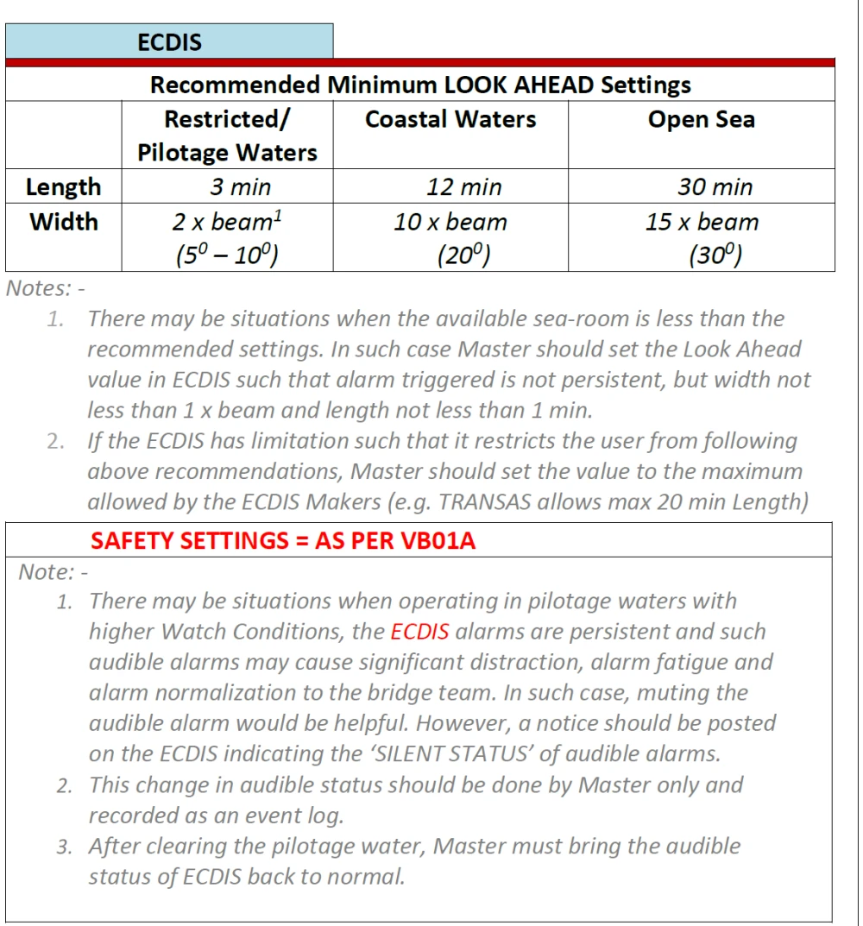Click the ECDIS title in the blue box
tap(169, 41)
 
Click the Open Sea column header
tap(701, 119)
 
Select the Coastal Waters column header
tap(450, 119)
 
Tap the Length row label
tap(63, 186)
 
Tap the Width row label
tap(63, 222)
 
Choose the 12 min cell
tap(463, 186)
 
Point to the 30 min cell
tap(715, 186)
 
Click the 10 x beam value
tap(450, 222)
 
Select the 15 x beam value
tap(702, 222)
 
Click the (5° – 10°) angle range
tap(226, 255)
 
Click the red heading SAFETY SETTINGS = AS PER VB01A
tap(283, 541)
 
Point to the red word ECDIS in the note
tap(419, 632)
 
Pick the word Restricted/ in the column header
tap(227, 119)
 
